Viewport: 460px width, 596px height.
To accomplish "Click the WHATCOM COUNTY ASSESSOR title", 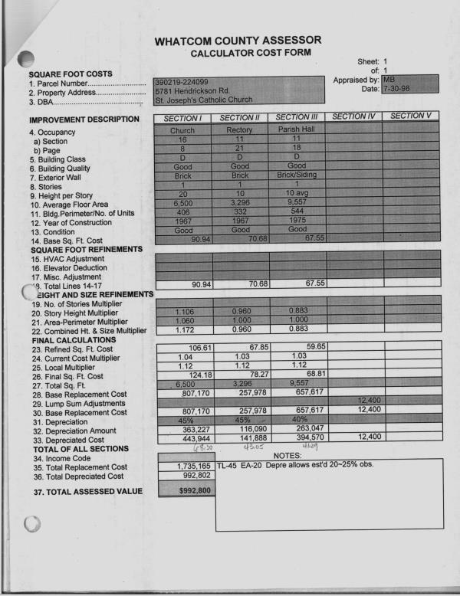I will [238, 40].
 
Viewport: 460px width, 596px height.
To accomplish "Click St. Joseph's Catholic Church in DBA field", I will [198, 100].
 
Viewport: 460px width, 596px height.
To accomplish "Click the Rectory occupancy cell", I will [240, 130].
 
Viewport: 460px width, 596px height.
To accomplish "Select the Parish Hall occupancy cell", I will [296, 129].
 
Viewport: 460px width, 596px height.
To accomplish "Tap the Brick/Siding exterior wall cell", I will [296, 175].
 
